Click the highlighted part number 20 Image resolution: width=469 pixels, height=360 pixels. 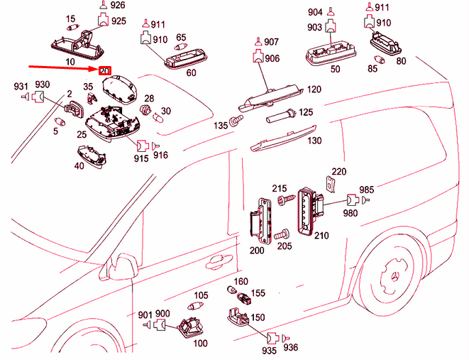pyautogui.click(x=104, y=71)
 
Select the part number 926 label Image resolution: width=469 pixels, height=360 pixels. pyautogui.click(x=118, y=6)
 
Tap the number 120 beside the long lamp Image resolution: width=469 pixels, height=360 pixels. pyautogui.click(x=314, y=89)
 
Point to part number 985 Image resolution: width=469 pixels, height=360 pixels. pyautogui.click(x=366, y=190)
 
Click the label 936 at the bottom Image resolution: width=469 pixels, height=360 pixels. pyautogui.click(x=291, y=348)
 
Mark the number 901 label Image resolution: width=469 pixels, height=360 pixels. pyautogui.click(x=145, y=315)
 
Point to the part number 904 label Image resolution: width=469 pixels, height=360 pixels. pyautogui.click(x=314, y=11)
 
